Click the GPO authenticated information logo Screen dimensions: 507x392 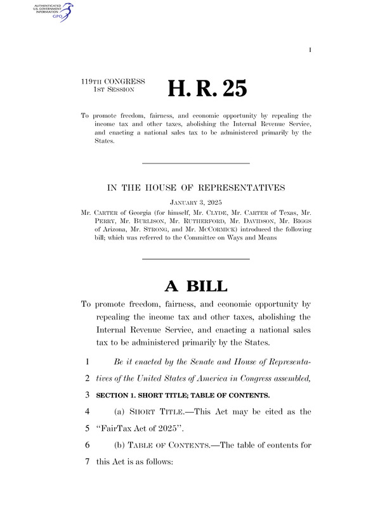click(x=56, y=12)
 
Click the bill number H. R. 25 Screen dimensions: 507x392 click(x=207, y=89)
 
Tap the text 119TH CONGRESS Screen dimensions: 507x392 click(x=114, y=82)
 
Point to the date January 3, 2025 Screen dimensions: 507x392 click(x=195, y=202)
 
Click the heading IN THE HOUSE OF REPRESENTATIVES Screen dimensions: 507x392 click(x=195, y=188)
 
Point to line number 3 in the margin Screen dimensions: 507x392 click(x=86, y=395)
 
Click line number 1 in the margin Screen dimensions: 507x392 click(x=86, y=362)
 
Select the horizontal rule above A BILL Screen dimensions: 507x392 click(x=195, y=259)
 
